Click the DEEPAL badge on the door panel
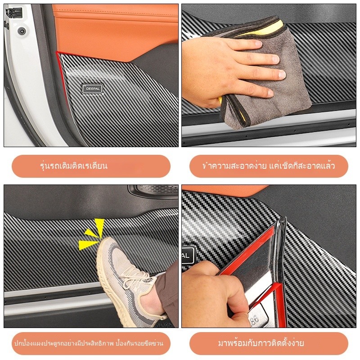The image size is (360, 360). click(x=92, y=89)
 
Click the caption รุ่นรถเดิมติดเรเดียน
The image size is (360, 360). click(x=74, y=166)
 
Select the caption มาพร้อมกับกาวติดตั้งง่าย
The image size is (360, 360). click(x=261, y=343)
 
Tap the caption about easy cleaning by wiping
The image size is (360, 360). click(x=269, y=166)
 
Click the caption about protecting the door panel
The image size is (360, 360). click(x=89, y=343)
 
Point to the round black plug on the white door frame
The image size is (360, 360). click(x=22, y=31)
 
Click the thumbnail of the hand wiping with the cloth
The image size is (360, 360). click(x=269, y=75)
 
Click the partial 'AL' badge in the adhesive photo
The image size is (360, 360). click(x=188, y=255)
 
